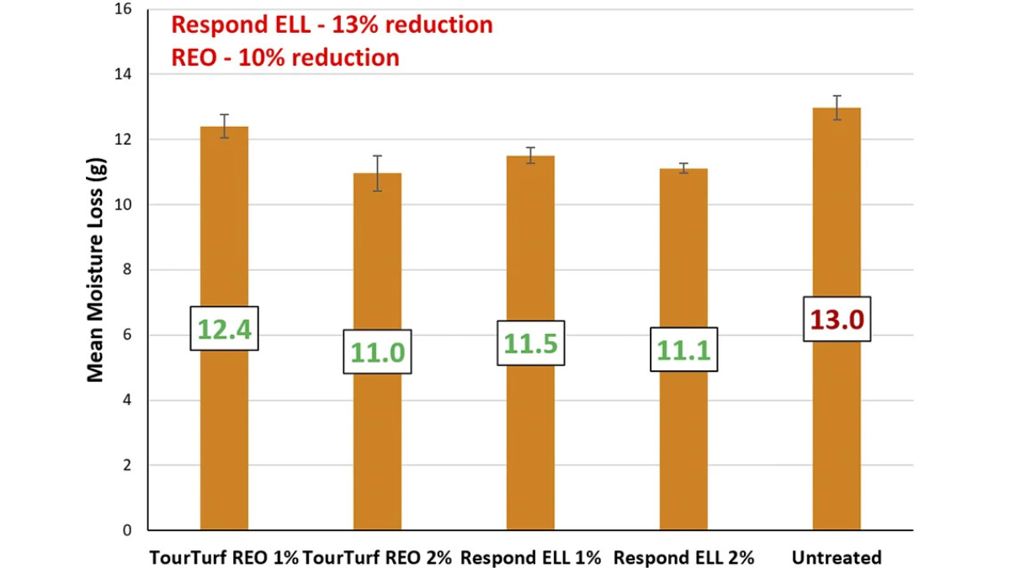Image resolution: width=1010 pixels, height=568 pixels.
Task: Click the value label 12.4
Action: click(x=224, y=329)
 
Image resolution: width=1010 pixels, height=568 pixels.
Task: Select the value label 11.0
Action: click(x=377, y=352)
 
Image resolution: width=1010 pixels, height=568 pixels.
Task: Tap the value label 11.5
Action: click(x=530, y=343)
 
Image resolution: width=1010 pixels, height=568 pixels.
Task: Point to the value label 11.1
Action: click(x=683, y=350)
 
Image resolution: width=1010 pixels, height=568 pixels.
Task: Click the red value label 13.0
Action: click(x=837, y=320)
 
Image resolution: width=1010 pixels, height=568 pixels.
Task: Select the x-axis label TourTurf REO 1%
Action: click(x=224, y=557)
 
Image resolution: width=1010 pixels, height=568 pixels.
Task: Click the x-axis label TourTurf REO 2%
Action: click(x=377, y=557)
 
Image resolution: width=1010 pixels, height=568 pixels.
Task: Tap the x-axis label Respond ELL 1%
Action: click(x=530, y=557)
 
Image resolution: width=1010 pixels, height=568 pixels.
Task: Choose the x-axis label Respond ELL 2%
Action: click(x=683, y=557)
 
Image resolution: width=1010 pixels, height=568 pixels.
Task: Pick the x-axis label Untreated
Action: click(x=836, y=557)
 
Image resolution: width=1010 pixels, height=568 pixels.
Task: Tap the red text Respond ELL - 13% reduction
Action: click(x=332, y=24)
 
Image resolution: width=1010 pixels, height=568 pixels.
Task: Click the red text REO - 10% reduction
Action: click(x=285, y=57)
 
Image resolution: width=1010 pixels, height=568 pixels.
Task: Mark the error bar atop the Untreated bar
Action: click(x=837, y=108)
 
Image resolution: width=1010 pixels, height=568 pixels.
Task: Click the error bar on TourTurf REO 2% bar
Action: click(x=377, y=173)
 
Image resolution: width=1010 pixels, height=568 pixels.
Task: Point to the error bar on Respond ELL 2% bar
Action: click(x=683, y=168)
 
